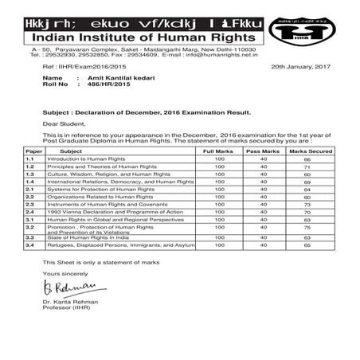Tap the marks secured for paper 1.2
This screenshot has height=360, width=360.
[x=307, y=166]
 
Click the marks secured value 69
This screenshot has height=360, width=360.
[x=307, y=182]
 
